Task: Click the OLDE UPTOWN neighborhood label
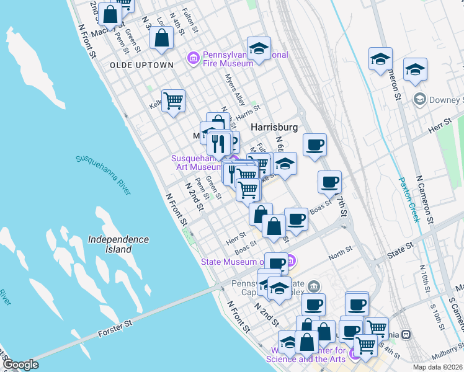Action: point(141,65)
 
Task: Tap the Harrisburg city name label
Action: point(274,126)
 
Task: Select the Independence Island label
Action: point(118,244)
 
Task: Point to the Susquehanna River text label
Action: point(104,174)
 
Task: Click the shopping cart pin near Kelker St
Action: point(174,100)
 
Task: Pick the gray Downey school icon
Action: point(420,99)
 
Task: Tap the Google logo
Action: point(20,365)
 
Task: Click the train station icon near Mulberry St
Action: point(406,334)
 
